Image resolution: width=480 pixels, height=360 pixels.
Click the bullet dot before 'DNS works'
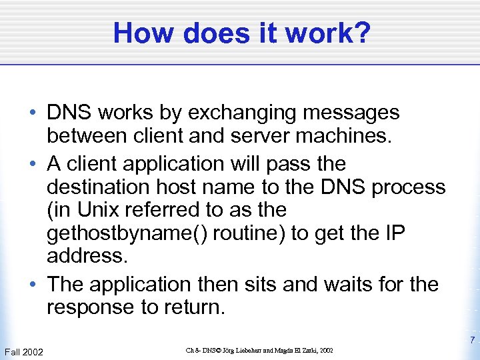33,113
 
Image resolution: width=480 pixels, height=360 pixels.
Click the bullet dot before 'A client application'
33,163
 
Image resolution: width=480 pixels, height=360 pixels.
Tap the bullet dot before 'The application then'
33,285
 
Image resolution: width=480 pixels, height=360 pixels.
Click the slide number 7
471,340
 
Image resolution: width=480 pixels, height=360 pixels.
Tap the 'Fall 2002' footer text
23,351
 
